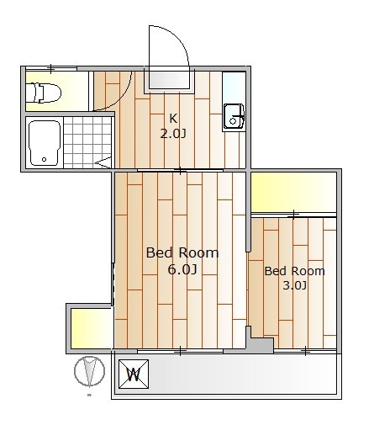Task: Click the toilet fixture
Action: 44,93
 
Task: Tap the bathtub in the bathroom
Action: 45,143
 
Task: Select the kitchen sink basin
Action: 234,117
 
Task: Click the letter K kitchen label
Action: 173,119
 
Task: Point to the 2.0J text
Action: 173,134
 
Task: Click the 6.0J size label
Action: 182,269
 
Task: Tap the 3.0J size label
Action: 295,285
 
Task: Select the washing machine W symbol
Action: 134,375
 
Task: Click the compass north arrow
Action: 89,371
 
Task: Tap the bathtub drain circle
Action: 44,159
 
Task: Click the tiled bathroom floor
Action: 87,142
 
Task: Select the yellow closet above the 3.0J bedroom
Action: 293,193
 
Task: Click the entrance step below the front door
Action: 169,82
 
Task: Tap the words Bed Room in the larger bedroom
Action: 182,252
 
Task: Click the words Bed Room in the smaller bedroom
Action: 295,271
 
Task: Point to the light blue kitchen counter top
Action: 234,88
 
